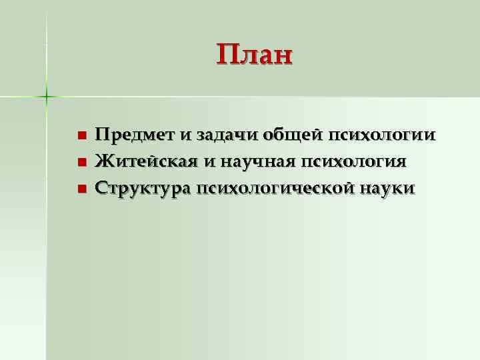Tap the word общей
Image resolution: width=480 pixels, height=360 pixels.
coord(287,135)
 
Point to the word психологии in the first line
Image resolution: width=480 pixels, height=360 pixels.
coord(379,135)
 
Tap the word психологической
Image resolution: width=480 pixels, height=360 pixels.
coord(275,189)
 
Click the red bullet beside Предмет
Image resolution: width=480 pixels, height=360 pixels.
coord(81,136)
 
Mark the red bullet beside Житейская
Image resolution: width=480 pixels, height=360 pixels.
coord(81,163)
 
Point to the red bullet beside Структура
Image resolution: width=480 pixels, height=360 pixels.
coord(81,189)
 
